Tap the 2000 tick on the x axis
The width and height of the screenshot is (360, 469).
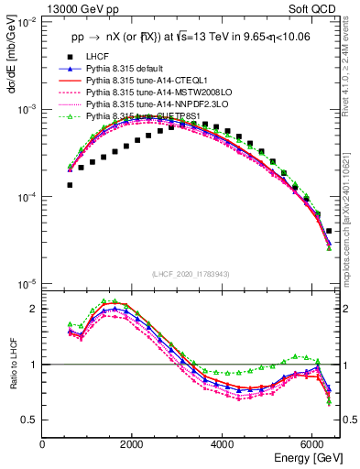(x=133, y=445)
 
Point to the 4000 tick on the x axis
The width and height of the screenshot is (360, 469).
(x=223, y=445)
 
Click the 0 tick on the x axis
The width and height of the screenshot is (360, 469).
(x=43, y=445)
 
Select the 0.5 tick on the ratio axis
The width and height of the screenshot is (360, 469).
(x=30, y=420)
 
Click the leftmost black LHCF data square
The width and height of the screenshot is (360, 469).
(x=70, y=185)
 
